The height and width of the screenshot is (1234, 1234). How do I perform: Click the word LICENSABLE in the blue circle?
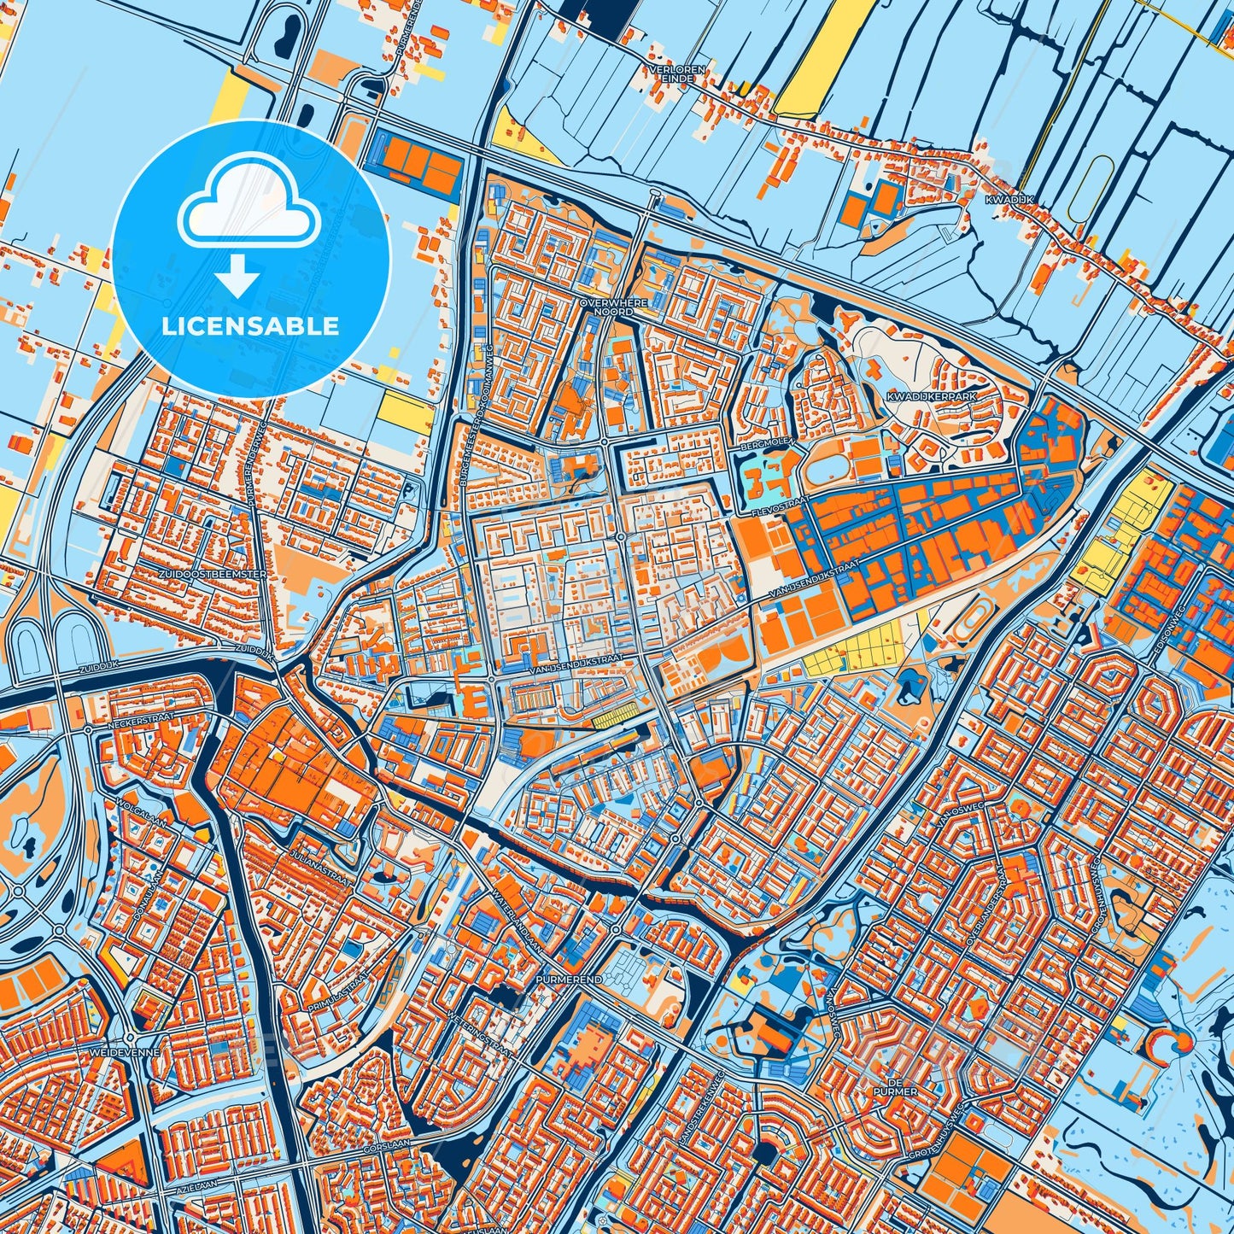click(250, 326)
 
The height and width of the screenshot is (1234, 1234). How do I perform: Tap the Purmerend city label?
click(570, 980)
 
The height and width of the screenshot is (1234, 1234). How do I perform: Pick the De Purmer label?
click(877, 1087)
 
